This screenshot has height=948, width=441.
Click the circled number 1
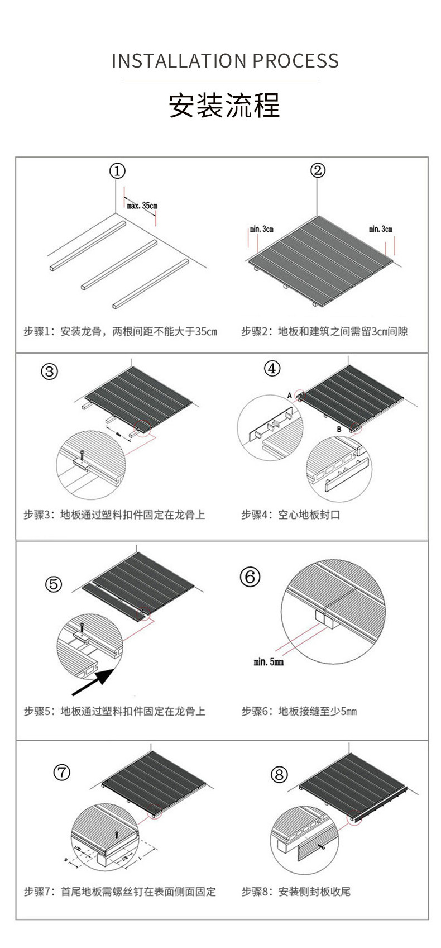coord(117,171)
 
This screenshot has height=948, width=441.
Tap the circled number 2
coord(317,170)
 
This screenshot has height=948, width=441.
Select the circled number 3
coord(50,371)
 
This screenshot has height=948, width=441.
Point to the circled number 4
coord(272,369)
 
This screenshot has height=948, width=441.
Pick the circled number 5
coord(54,584)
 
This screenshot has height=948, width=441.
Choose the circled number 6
coord(250,577)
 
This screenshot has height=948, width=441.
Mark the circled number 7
coord(62,773)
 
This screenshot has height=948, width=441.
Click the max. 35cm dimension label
coord(142,206)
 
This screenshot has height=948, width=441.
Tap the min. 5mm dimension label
coord(269,662)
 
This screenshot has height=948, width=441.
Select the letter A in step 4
coord(290,395)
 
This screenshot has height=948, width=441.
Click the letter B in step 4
coord(339,429)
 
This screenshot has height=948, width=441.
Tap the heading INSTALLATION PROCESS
coord(225,61)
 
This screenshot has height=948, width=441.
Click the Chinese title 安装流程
coord(224,105)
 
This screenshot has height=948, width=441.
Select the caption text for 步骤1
coord(120,332)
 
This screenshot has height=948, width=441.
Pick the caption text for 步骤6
coord(299,711)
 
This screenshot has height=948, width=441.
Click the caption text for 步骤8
coord(296,892)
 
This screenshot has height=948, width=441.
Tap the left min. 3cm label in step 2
coord(261,229)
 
